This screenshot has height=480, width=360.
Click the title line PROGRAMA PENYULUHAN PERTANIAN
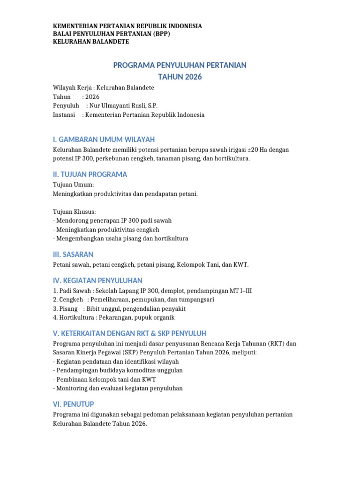click(180, 65)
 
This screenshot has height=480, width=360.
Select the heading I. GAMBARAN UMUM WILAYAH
click(104, 140)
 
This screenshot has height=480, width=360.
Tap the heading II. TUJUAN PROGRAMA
click(90, 174)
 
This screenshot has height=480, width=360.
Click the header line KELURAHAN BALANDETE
click(91, 42)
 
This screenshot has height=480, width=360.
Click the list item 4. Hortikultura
click(114, 317)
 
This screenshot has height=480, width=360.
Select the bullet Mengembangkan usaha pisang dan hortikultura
click(121, 238)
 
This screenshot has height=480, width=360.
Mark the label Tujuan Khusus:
click(75, 211)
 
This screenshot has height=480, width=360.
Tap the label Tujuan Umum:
click(74, 185)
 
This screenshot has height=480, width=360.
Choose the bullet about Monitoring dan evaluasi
click(118, 388)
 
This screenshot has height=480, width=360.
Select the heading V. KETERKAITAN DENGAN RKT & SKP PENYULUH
click(129, 333)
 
